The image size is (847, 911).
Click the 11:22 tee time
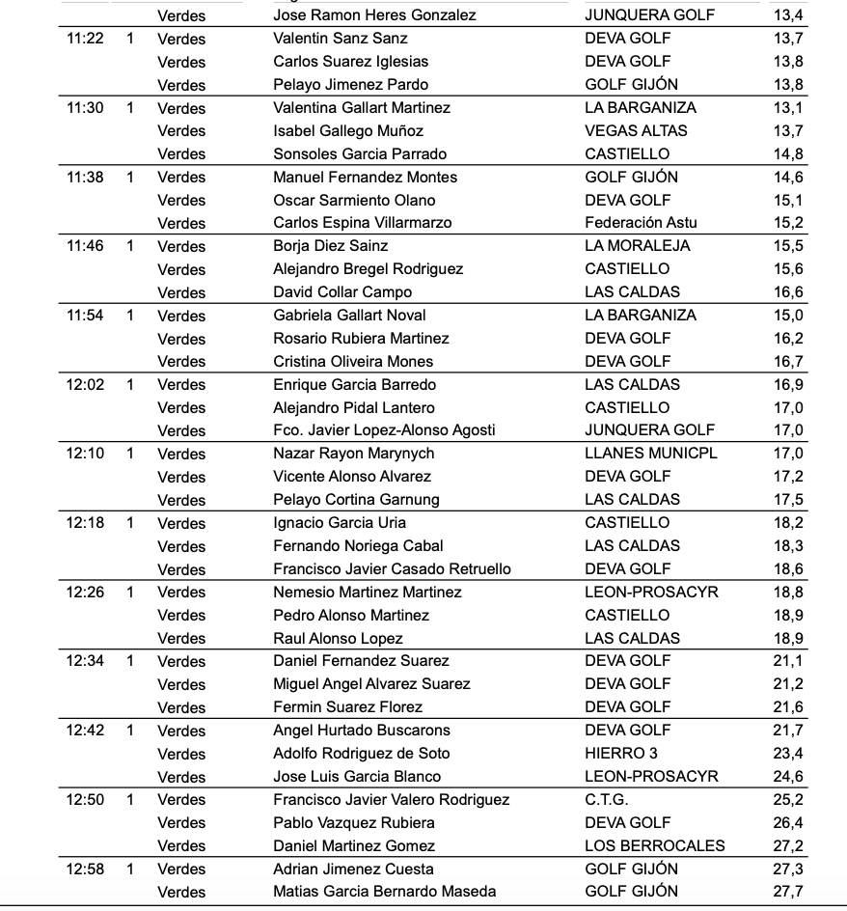pyautogui.click(x=85, y=39)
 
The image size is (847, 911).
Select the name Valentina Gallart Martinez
pyautogui.click(x=362, y=108)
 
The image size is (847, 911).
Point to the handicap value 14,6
pyautogui.click(x=787, y=178)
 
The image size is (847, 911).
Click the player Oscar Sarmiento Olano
pyautogui.click(x=354, y=201)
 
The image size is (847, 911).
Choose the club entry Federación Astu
pyautogui.click(x=641, y=223)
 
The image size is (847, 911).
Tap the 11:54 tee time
pyautogui.click(x=85, y=316)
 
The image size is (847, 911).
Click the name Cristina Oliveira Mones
pyautogui.click(x=353, y=362)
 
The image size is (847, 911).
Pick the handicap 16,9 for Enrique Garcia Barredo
pyautogui.click(x=787, y=385)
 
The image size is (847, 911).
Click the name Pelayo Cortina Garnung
pyautogui.click(x=356, y=500)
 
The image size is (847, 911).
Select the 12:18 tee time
pyautogui.click(x=85, y=523)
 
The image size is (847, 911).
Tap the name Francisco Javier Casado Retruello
pyautogui.click(x=392, y=569)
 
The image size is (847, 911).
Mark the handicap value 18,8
pyautogui.click(x=787, y=593)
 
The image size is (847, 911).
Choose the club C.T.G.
pyautogui.click(x=607, y=800)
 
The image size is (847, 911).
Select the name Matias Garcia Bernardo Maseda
pyautogui.click(x=385, y=892)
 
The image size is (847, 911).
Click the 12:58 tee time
pyautogui.click(x=85, y=870)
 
